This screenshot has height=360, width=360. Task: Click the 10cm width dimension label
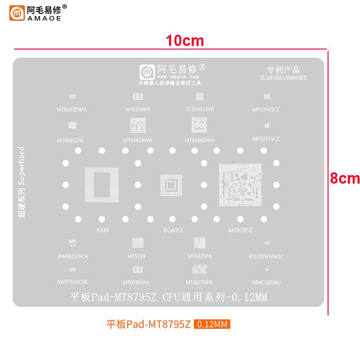click(184, 40)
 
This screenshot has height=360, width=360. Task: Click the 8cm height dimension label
click(345, 178)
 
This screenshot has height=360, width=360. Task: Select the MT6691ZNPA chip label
click(72, 109)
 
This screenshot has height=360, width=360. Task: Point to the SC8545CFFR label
click(200, 109)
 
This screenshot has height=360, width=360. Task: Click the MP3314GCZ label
click(266, 109)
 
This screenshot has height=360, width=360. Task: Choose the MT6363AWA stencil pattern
click(138, 126)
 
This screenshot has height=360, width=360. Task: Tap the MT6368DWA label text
click(200, 140)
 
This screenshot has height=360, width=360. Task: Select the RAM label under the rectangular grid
click(102, 230)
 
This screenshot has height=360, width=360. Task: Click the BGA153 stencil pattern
click(171, 185)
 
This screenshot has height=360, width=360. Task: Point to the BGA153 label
click(173, 230)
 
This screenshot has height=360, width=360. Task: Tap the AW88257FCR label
click(72, 256)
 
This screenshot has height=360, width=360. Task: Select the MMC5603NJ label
click(266, 283)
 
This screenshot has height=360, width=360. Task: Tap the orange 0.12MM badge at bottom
click(212, 324)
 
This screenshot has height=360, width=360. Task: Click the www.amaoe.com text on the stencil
click(171, 77)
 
